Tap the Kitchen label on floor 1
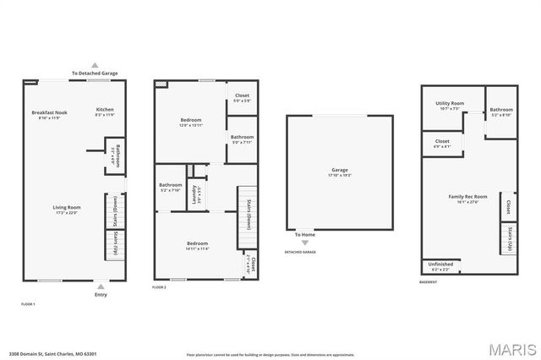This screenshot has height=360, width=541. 105,109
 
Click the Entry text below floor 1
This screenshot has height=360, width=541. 101,294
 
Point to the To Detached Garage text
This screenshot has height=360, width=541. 95,74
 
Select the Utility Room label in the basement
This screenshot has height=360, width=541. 450,103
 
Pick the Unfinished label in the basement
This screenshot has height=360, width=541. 440,263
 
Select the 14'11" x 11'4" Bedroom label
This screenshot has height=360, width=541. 197,243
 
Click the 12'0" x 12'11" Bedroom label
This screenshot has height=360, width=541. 190,120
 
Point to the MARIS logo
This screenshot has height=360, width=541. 511,348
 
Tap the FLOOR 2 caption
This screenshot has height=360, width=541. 159,287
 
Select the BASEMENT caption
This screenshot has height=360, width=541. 428,281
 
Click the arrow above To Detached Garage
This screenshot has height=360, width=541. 95,65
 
